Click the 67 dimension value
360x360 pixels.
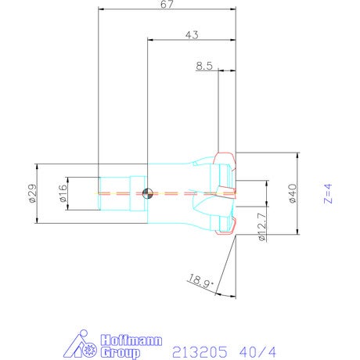pyautogui.click(x=167, y=5)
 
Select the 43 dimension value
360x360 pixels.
pyautogui.click(x=192, y=35)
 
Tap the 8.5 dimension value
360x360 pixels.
pyautogui.click(x=204, y=66)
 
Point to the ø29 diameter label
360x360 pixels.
pyautogui.click(x=33, y=193)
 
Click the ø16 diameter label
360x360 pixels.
pyautogui.click(x=63, y=193)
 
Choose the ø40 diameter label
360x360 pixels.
pyautogui.click(x=293, y=193)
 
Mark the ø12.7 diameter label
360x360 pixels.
pyautogui.click(x=262, y=226)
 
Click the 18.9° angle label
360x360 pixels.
pyautogui.click(x=201, y=281)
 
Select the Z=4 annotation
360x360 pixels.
pyautogui.click(x=328, y=193)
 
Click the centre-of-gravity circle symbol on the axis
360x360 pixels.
pyautogui.click(x=147, y=193)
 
